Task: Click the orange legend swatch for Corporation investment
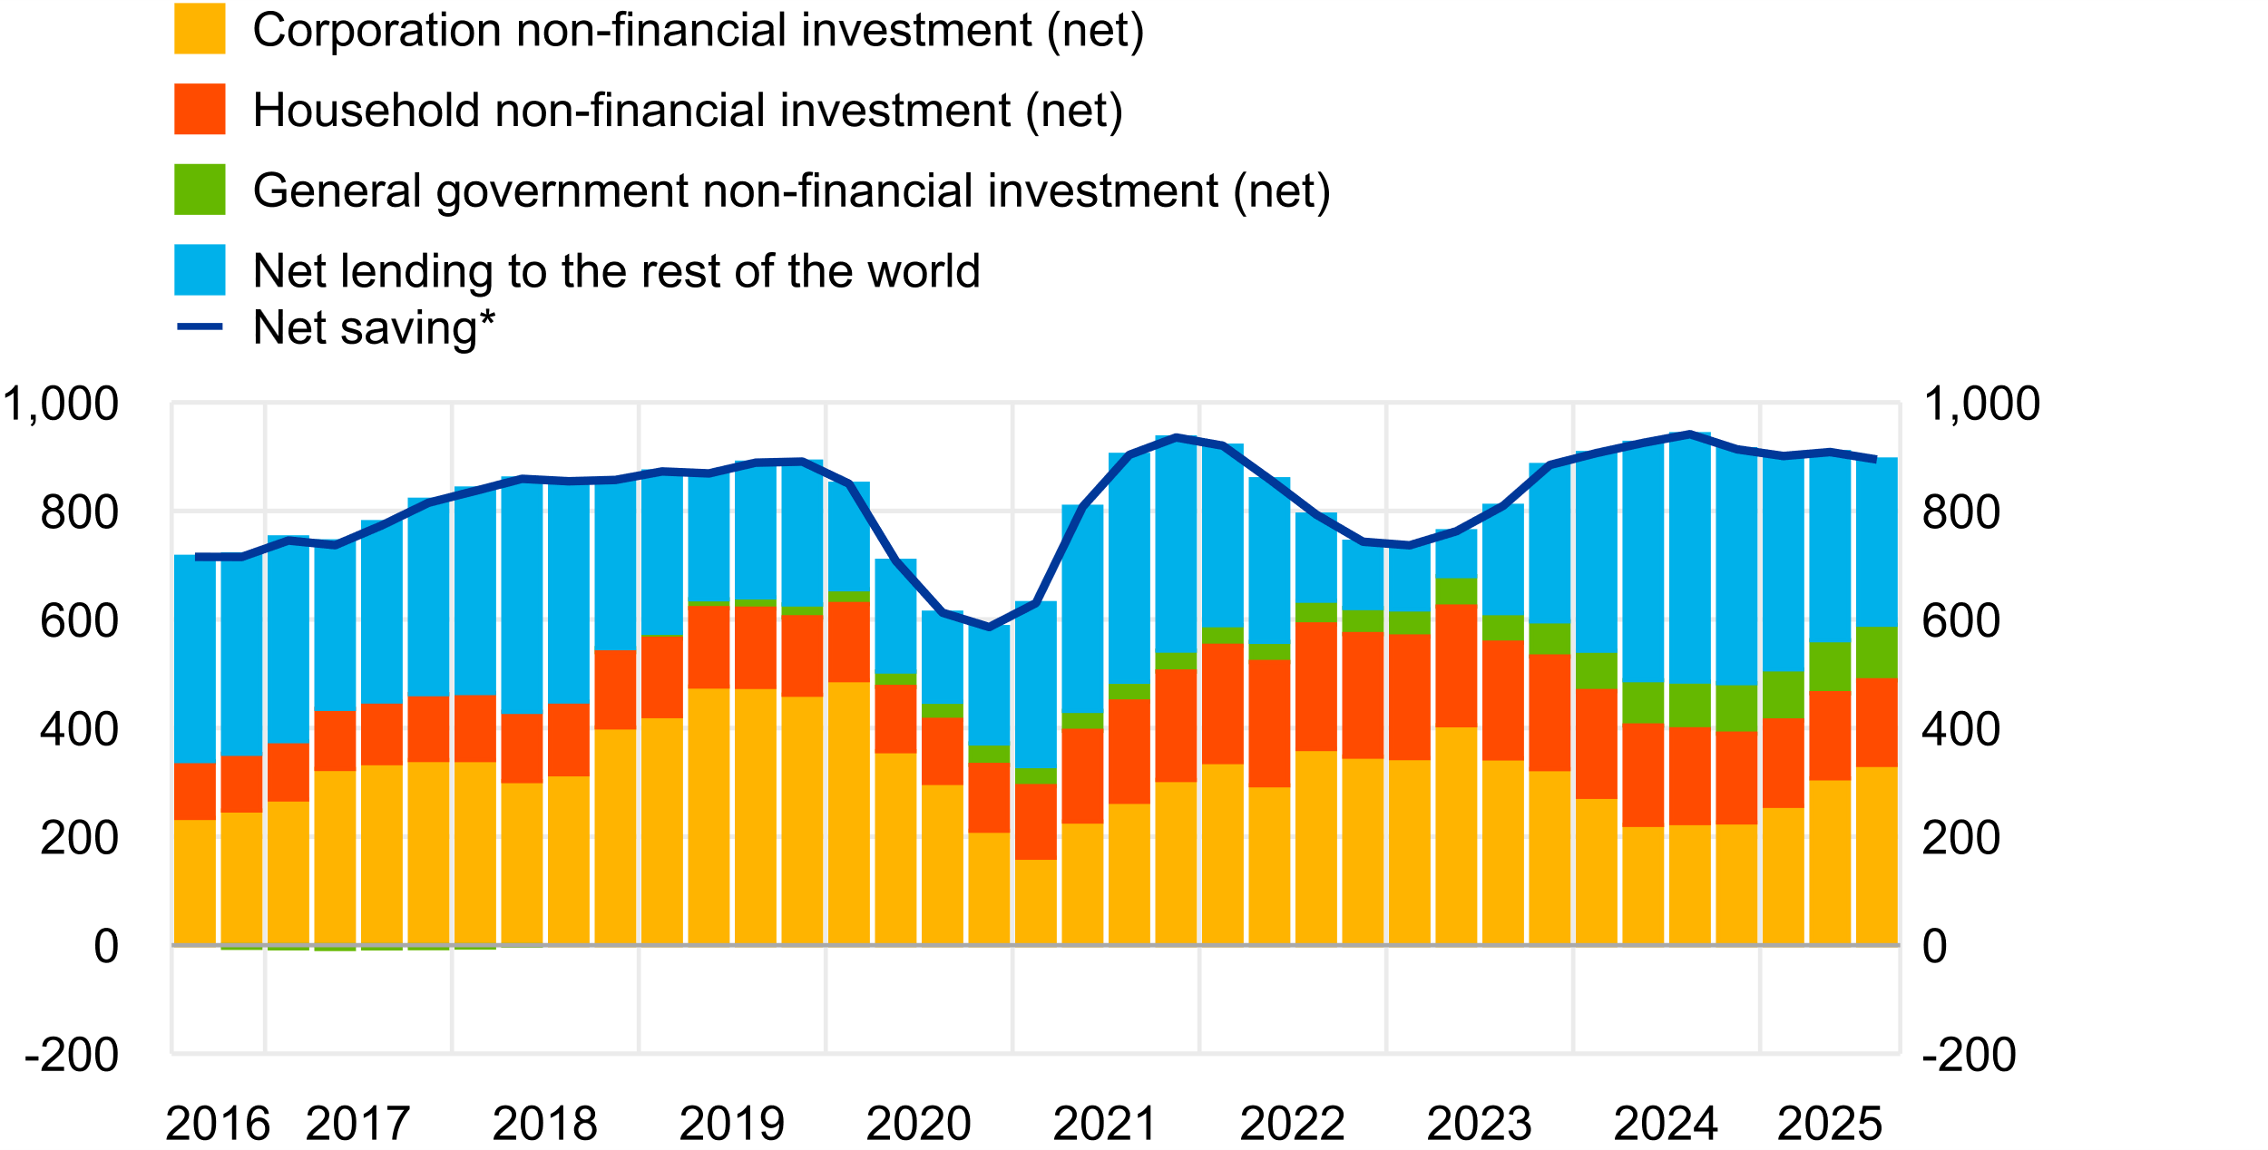pyautogui.click(x=200, y=29)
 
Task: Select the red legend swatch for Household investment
pyautogui.click(x=200, y=109)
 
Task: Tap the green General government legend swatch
pyautogui.click(x=200, y=190)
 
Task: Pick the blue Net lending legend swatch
pyautogui.click(x=200, y=269)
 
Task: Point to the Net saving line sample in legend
pyautogui.click(x=200, y=326)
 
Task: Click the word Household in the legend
pyautogui.click(x=366, y=111)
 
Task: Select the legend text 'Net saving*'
pyautogui.click(x=374, y=327)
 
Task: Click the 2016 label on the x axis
pyautogui.click(x=218, y=1124)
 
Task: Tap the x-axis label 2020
pyautogui.click(x=918, y=1124)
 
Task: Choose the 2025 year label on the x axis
pyautogui.click(x=1829, y=1124)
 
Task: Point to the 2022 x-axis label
pyautogui.click(x=1292, y=1124)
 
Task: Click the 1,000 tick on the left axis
pyautogui.click(x=61, y=404)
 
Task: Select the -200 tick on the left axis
pyautogui.click(x=72, y=1055)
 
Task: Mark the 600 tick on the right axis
pyautogui.click(x=1960, y=621)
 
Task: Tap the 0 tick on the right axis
pyautogui.click(x=1935, y=947)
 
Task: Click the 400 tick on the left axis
pyautogui.click(x=79, y=730)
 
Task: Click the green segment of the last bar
pyautogui.click(x=1876, y=652)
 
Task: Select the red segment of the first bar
pyautogui.click(x=195, y=792)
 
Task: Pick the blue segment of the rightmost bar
pyautogui.click(x=1876, y=542)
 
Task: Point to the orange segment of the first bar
pyautogui.click(x=195, y=882)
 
